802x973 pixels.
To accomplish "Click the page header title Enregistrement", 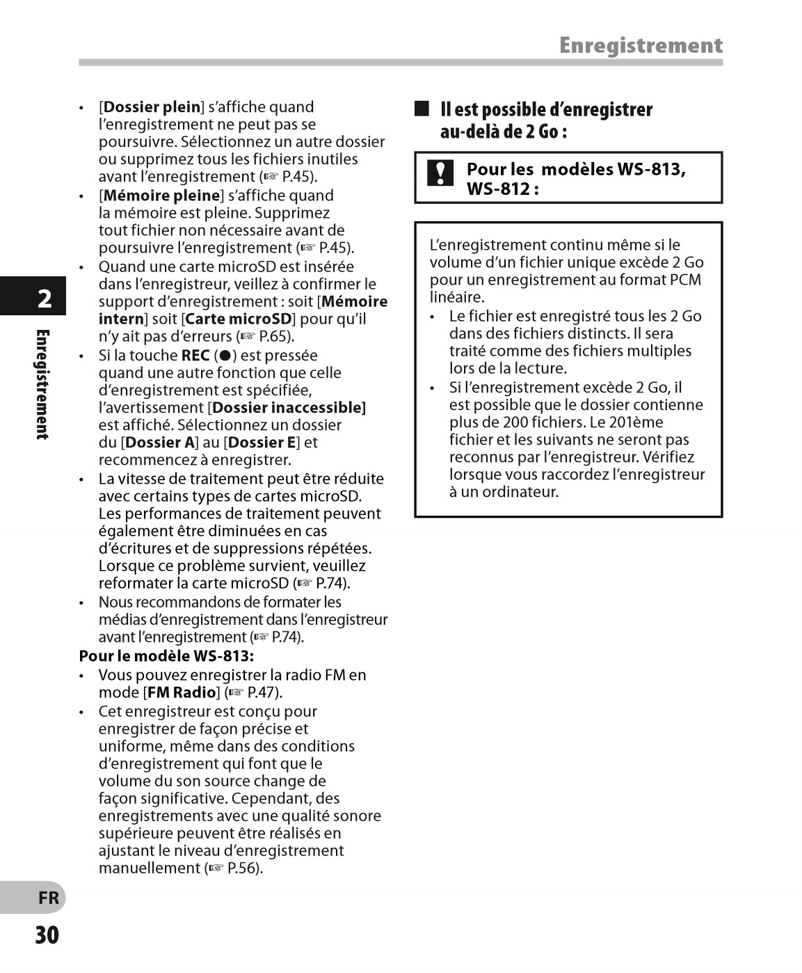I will tap(641, 46).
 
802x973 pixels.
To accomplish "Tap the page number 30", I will tap(47, 935).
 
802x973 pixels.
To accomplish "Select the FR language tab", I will tap(48, 898).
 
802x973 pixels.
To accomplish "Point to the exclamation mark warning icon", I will tap(440, 173).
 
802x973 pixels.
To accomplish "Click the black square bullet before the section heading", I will tap(422, 109).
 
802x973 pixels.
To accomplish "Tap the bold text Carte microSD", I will tap(239, 319).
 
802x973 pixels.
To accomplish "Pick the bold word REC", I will tap(195, 355).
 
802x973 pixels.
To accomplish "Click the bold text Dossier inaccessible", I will tap(288, 407).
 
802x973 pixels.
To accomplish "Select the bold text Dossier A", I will tap(160, 442).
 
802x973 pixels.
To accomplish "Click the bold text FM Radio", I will tap(182, 693).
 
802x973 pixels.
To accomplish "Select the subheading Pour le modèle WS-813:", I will tap(166, 656).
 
